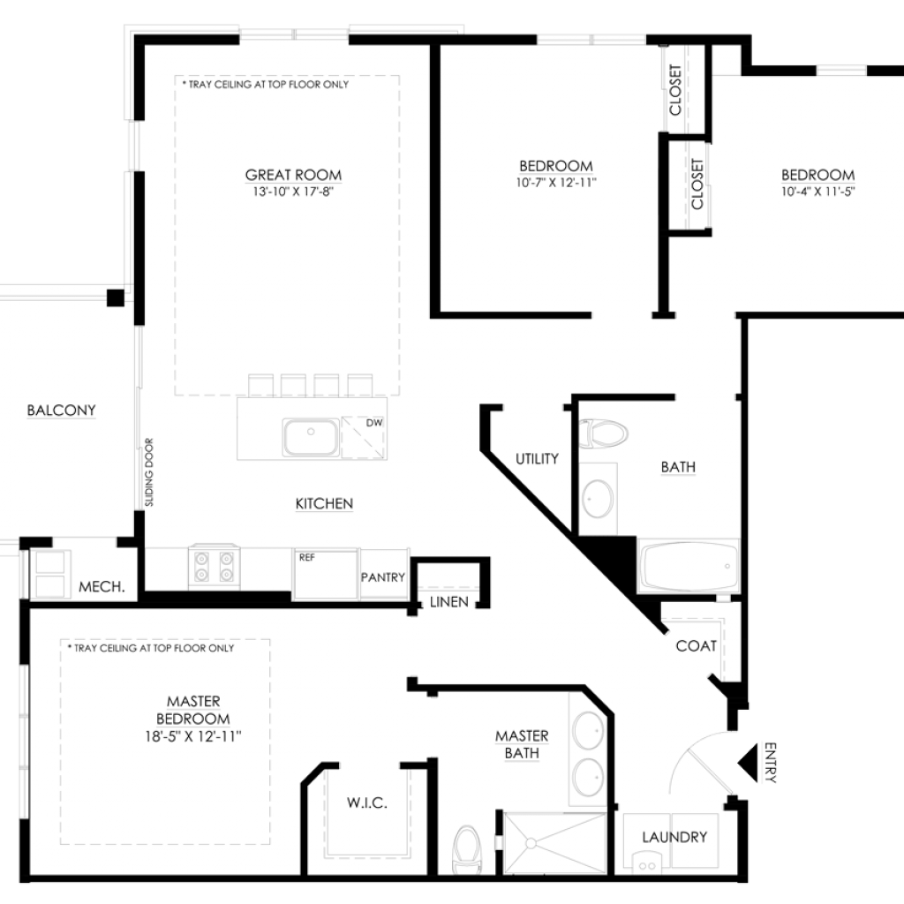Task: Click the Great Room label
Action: pyautogui.click(x=293, y=175)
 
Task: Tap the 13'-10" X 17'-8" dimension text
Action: pyautogui.click(x=293, y=192)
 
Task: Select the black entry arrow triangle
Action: pyautogui.click(x=748, y=763)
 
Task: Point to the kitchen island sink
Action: pyautogui.click(x=310, y=438)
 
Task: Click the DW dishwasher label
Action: pyautogui.click(x=374, y=423)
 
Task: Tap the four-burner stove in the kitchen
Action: pyautogui.click(x=214, y=566)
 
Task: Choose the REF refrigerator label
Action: pyautogui.click(x=306, y=558)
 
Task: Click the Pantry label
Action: pyautogui.click(x=383, y=577)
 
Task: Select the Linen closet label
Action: pyautogui.click(x=449, y=602)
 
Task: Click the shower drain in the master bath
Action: pyautogui.click(x=531, y=843)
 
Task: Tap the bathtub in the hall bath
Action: pyautogui.click(x=689, y=566)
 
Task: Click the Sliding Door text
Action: pyautogui.click(x=149, y=472)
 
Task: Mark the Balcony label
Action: pyautogui.click(x=61, y=411)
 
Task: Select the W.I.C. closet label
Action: pyautogui.click(x=367, y=802)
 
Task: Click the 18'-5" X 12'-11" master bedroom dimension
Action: pyautogui.click(x=193, y=736)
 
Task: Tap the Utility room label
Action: pyautogui.click(x=537, y=459)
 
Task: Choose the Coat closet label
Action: pyautogui.click(x=696, y=646)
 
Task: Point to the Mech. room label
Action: pyautogui.click(x=102, y=587)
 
